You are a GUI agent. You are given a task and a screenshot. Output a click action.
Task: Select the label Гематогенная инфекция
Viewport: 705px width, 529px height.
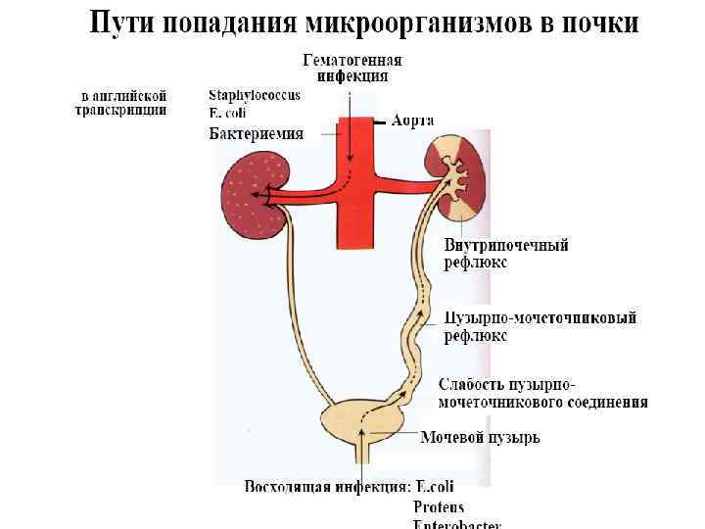(x=352, y=68)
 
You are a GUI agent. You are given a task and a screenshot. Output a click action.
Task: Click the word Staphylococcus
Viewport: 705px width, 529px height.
(x=255, y=95)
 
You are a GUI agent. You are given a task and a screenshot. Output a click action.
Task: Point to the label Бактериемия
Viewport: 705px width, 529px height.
(x=257, y=133)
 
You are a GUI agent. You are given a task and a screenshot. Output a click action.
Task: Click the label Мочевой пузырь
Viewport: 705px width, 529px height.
(x=480, y=438)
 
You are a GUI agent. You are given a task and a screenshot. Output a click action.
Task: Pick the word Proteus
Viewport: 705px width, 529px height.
(x=438, y=506)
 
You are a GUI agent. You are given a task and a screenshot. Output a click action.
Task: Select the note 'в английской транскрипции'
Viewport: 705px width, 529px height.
(x=122, y=103)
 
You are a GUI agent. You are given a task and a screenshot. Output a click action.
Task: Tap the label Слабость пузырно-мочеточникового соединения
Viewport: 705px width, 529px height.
(x=541, y=392)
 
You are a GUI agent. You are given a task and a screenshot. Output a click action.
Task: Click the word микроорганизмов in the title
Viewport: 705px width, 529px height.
(x=392, y=23)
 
